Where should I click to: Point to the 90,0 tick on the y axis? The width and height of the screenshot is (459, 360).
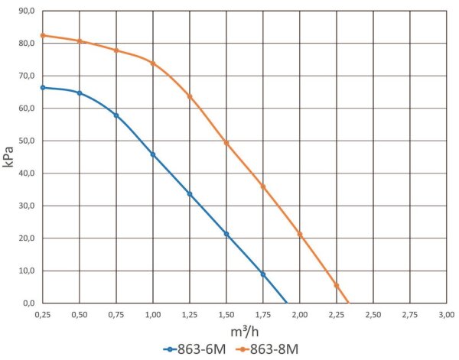pyautogui.click(x=26, y=11)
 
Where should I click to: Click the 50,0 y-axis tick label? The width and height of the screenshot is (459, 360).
pyautogui.click(x=26, y=141)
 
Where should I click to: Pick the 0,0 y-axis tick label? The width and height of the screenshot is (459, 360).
pyautogui.click(x=28, y=303)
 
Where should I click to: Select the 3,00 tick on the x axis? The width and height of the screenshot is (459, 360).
pyautogui.click(x=447, y=314)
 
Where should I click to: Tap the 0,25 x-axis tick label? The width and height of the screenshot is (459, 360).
pyautogui.click(x=43, y=314)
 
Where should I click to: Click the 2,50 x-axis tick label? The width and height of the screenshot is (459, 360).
pyautogui.click(x=373, y=314)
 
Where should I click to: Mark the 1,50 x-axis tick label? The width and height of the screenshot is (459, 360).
pyautogui.click(x=226, y=314)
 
